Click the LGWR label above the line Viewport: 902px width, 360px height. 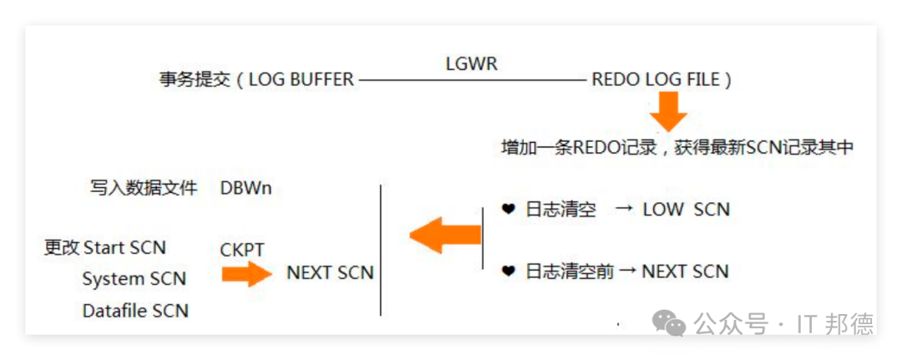[472, 63]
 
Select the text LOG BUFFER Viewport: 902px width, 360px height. [302, 80]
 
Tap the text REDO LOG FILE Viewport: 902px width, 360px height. [656, 80]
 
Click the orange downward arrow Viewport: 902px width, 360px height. [668, 111]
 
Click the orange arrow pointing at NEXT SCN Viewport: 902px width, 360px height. [247, 273]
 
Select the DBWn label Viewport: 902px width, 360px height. [246, 188]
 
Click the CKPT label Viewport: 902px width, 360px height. [242, 249]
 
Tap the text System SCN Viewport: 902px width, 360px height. [134, 279]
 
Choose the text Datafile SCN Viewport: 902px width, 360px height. [135, 311]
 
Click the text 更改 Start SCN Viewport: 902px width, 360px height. [105, 247]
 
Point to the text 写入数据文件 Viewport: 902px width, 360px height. [143, 188]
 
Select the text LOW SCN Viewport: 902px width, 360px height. [686, 210]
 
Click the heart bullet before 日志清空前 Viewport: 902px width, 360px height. [508, 271]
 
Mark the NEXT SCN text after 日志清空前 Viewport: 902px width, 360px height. [685, 271]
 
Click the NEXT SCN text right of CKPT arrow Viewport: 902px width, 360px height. [330, 273]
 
